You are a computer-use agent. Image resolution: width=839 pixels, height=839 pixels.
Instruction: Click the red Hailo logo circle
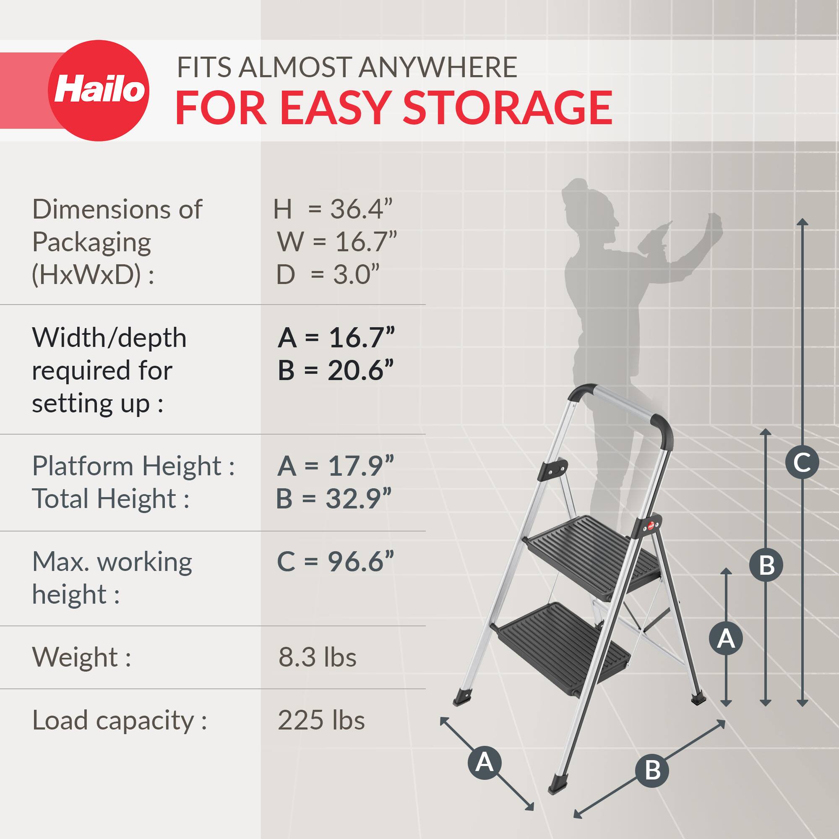coord(99,90)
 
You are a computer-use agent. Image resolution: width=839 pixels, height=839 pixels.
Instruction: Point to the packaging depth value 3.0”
coord(356,274)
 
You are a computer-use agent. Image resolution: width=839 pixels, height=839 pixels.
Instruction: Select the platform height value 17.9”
coord(360,466)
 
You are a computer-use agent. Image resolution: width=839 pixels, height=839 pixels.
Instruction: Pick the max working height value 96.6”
coord(360,562)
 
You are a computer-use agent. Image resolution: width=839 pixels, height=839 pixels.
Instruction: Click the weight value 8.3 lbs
coord(317,657)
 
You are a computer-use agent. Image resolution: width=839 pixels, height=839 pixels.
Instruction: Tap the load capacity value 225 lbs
coord(321,720)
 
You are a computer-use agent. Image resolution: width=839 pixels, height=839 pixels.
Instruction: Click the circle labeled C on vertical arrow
coord(802,462)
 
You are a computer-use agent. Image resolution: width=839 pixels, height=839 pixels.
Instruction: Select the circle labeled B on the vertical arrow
coord(766,565)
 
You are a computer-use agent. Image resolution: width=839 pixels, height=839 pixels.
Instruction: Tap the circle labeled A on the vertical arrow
coord(726,639)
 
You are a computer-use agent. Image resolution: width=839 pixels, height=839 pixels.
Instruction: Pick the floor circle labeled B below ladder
coord(652,770)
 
